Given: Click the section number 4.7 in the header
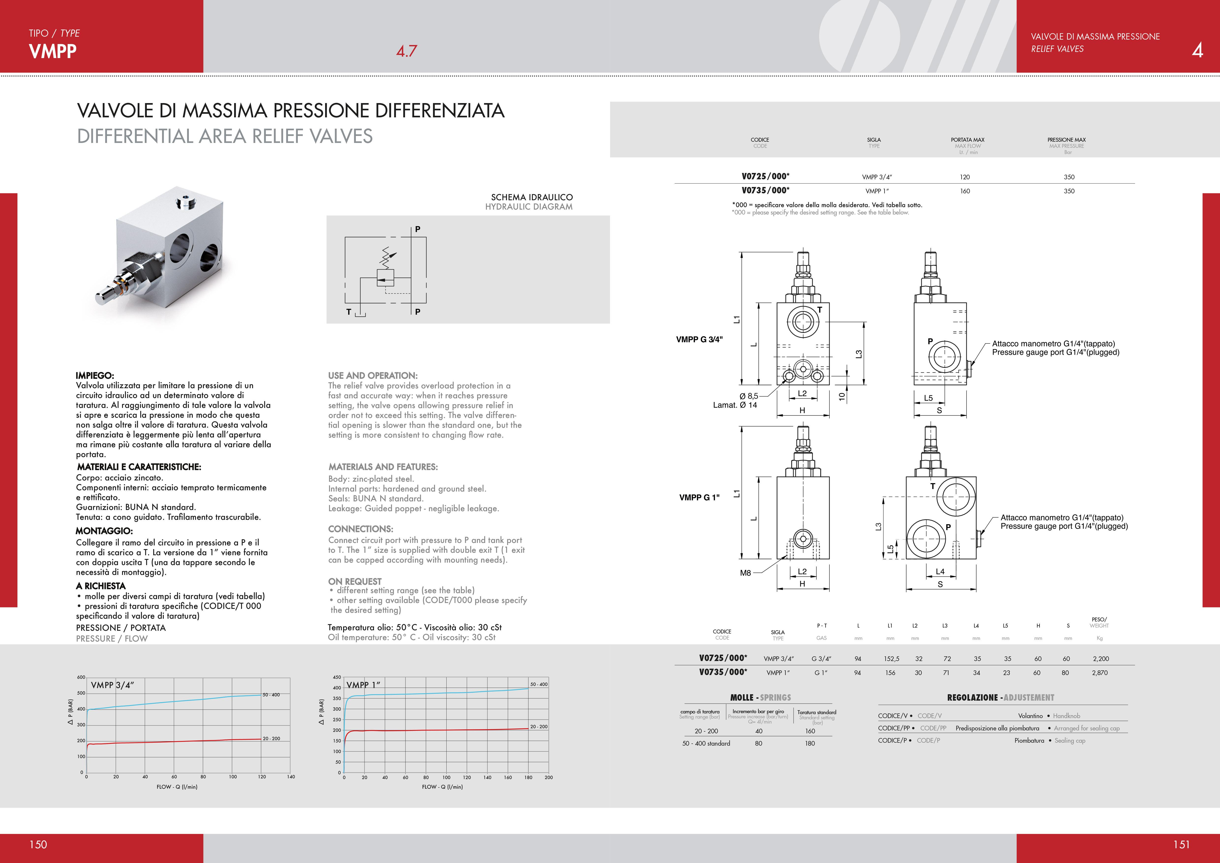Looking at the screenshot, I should point(407,52).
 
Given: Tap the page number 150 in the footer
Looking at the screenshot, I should point(38,844).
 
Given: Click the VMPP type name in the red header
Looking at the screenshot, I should point(53,52).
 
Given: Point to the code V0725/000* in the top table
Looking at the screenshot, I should point(765,176).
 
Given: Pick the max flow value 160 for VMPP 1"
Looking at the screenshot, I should point(965,191).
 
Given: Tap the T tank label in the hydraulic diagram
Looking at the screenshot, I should point(348,312).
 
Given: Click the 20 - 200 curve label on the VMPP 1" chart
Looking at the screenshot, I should point(539,726).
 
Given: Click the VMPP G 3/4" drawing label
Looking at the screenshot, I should point(699,339).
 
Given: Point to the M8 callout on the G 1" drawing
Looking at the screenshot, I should point(745,573).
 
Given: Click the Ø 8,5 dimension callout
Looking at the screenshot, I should point(749,396).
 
